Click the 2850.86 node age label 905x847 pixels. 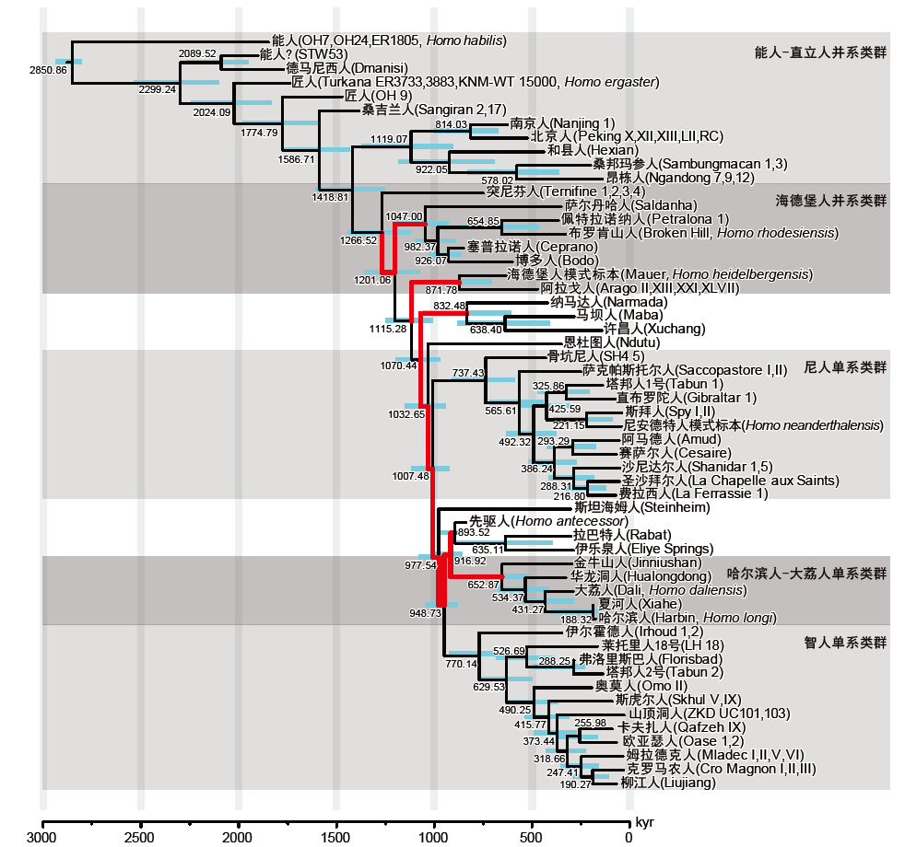pyautogui.click(x=49, y=70)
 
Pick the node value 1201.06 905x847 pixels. pyautogui.click(x=373, y=279)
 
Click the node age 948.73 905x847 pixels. pyautogui.click(x=425, y=612)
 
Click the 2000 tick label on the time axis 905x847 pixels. pyautogui.click(x=239, y=837)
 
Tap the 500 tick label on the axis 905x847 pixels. pyautogui.click(x=531, y=837)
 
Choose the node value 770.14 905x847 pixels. pyautogui.click(x=462, y=663)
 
